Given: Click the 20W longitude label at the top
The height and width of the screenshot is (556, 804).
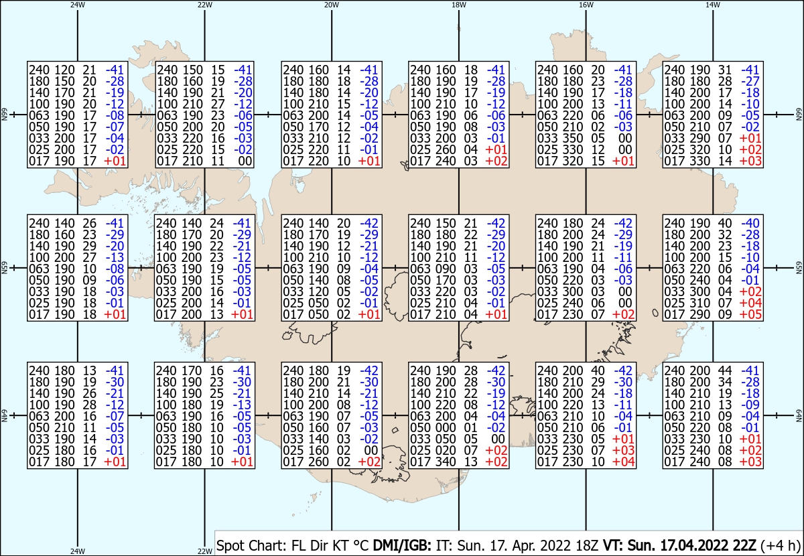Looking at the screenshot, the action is (331, 5).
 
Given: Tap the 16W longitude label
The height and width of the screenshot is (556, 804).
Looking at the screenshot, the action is (586, 5).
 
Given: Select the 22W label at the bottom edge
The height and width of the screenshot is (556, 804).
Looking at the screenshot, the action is (204, 551).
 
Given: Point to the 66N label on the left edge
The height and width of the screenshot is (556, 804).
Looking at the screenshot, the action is (4, 115).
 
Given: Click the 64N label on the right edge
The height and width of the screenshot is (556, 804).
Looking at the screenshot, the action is (799, 415).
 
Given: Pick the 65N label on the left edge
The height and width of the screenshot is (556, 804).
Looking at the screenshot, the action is (4, 268).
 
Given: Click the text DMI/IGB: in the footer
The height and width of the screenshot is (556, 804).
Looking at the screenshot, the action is (402, 545).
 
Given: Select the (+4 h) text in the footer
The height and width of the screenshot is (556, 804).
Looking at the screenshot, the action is (781, 545).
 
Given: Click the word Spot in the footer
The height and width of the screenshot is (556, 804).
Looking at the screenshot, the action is (230, 545).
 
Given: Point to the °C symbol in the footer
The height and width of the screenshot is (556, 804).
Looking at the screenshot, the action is (361, 545).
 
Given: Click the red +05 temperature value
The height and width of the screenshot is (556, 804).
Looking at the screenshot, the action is (750, 314).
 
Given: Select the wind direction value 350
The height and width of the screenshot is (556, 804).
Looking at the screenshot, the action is (573, 138).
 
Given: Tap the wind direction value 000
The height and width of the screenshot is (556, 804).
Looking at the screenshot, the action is (446, 427).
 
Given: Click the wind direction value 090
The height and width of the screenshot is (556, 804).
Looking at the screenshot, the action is (446, 269).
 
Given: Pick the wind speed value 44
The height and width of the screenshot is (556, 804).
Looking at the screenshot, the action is (725, 370).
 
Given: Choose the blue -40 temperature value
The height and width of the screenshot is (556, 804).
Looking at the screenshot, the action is (750, 223).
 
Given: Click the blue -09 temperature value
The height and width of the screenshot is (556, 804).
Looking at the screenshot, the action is (750, 405).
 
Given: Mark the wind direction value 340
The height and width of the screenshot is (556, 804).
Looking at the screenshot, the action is (446, 462).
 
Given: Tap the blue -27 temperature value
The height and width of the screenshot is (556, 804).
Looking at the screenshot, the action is (750, 81).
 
